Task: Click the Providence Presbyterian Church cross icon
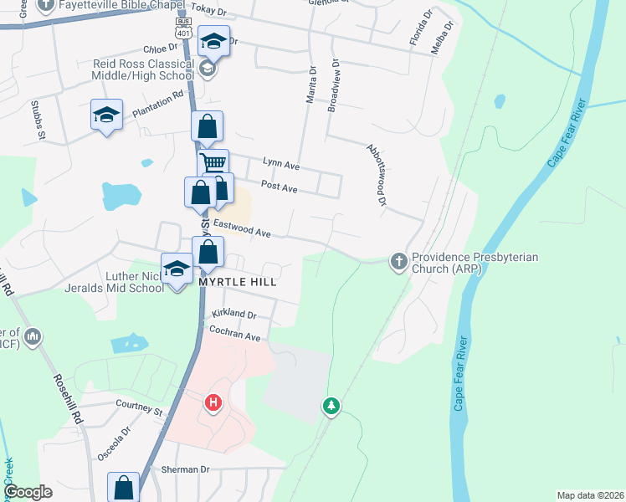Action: tap(398, 262)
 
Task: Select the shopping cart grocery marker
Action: tap(213, 164)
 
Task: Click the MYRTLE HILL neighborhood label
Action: tap(238, 283)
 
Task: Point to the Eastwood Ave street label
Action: tap(243, 227)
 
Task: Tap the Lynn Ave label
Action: tap(280, 164)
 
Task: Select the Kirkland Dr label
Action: tap(233, 314)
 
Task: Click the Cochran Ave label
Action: tap(236, 336)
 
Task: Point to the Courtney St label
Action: tap(139, 411)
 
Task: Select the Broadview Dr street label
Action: tap(334, 85)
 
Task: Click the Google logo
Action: tap(28, 492)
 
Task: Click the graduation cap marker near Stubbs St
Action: tap(107, 115)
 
